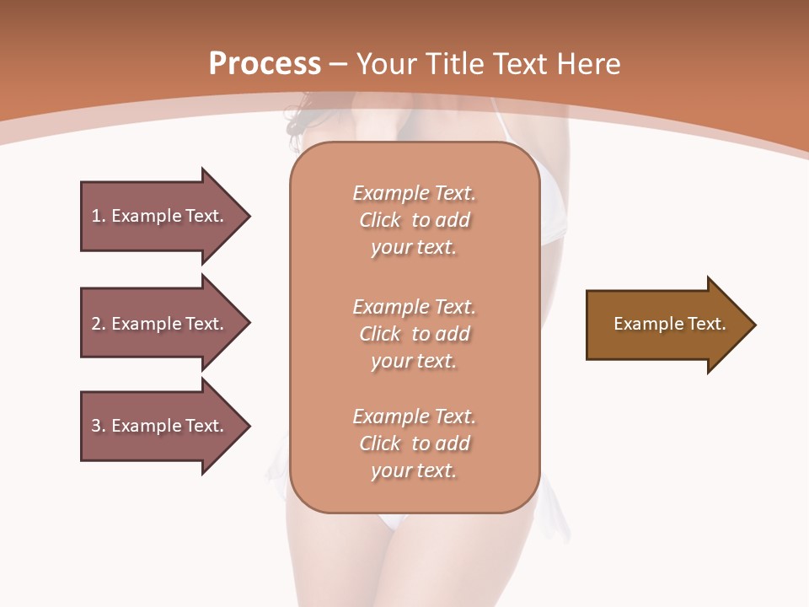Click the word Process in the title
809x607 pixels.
click(265, 64)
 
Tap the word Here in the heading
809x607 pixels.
click(588, 64)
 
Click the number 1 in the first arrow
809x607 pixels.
click(96, 216)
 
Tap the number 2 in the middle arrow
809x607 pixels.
click(96, 324)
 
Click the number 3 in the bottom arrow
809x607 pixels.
click(96, 426)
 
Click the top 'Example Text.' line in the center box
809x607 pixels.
click(414, 193)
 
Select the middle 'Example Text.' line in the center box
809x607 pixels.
click(414, 306)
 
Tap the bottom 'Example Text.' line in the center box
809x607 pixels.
click(414, 416)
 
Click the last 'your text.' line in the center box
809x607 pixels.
click(414, 470)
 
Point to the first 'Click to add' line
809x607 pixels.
click(414, 220)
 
